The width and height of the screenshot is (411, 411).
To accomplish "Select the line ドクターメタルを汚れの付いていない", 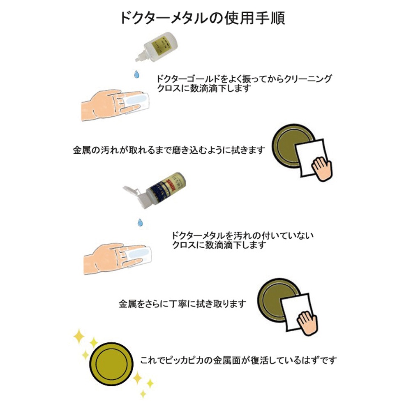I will pos(243,236).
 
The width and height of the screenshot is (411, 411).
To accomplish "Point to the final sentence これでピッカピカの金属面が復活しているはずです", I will pos(238,360).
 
